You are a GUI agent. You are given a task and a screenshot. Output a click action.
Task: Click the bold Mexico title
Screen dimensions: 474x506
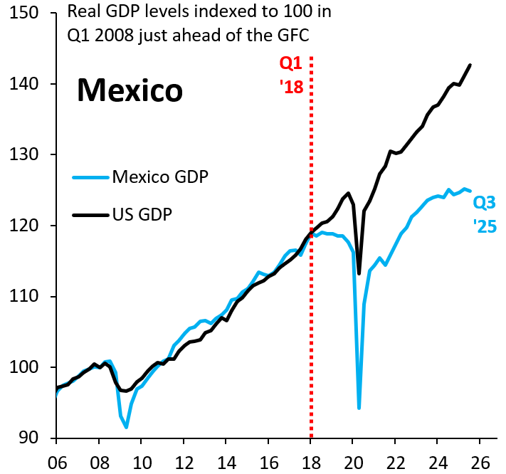(130, 90)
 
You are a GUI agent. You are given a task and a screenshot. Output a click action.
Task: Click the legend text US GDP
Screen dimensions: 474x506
(142, 214)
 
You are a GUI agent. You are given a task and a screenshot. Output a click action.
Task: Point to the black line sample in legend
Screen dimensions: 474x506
(91, 214)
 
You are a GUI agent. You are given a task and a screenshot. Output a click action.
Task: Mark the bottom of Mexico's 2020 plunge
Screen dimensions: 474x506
(359, 408)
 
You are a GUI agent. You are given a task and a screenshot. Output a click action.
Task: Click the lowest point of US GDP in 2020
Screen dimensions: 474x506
(359, 273)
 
